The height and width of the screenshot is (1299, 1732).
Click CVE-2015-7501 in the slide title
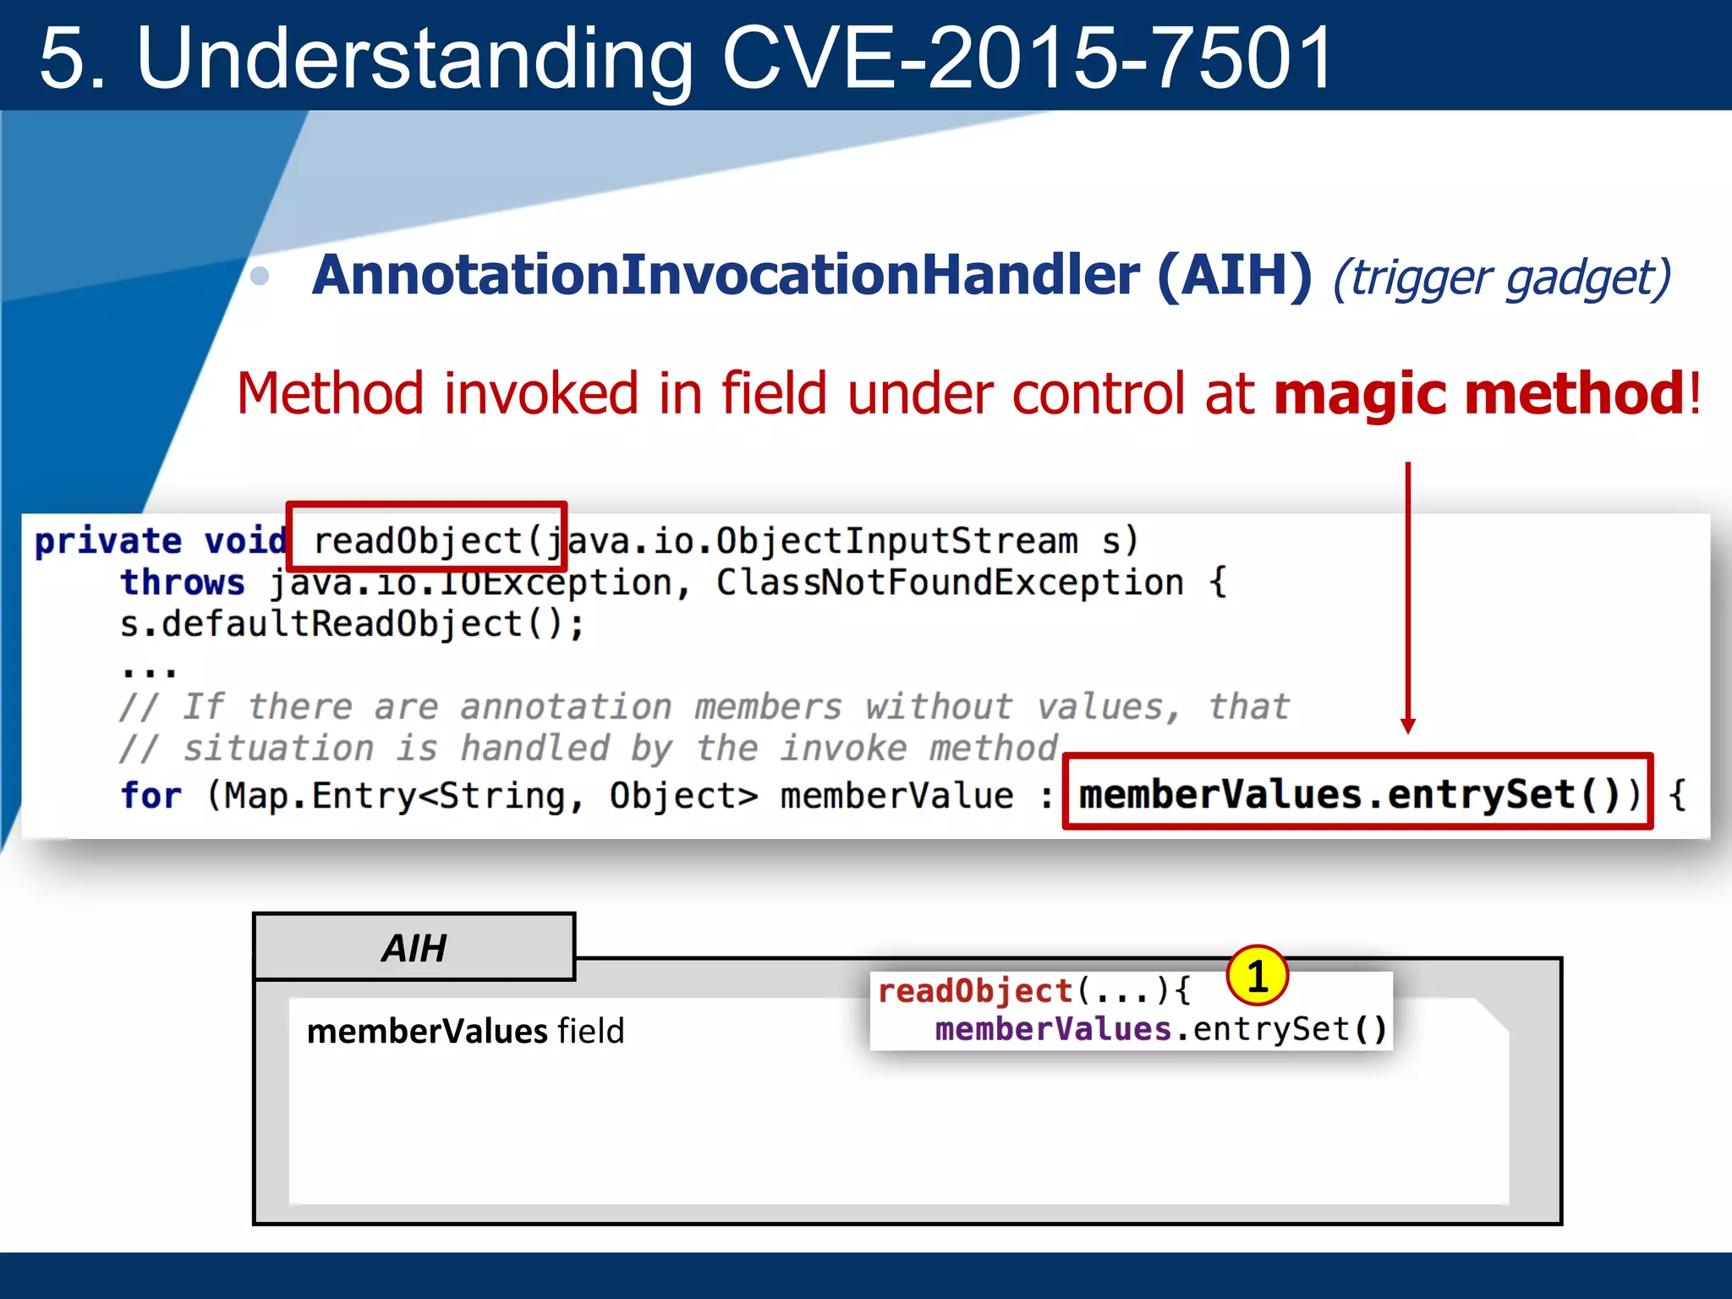(1028, 58)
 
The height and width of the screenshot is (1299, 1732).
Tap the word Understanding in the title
(414, 58)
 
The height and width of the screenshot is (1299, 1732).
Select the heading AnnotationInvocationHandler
(726, 275)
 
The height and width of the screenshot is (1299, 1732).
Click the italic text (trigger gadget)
(1501, 277)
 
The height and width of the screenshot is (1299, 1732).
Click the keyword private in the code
(107, 540)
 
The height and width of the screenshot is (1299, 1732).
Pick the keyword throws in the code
(182, 583)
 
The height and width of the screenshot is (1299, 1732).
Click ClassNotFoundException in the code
(949, 583)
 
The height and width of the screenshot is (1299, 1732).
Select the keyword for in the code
(151, 796)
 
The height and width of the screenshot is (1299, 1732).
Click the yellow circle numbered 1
(1257, 976)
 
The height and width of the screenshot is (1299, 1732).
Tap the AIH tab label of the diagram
(414, 948)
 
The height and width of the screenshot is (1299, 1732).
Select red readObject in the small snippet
(974, 990)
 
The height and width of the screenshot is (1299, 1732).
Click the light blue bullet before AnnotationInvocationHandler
(260, 276)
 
